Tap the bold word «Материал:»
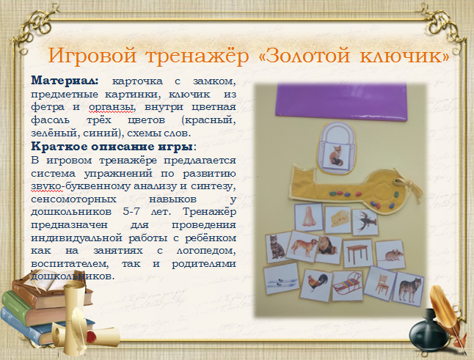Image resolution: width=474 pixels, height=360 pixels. click(65, 81)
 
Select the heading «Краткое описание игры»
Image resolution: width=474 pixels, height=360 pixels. click(112, 147)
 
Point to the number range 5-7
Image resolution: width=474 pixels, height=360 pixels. click(131, 211)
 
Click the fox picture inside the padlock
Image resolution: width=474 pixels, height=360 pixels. click(335, 155)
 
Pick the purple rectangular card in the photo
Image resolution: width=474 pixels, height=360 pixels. click(341, 101)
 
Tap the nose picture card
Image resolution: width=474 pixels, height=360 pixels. click(309, 218)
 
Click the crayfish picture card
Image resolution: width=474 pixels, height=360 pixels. click(365, 222)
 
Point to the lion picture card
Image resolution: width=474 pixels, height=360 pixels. click(329, 249)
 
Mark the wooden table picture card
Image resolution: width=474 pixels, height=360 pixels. click(357, 253)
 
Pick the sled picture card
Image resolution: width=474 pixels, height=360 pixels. click(347, 284)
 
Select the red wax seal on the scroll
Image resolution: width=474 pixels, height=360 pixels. click(92, 336)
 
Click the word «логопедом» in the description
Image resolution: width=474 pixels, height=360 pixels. click(206, 250)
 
